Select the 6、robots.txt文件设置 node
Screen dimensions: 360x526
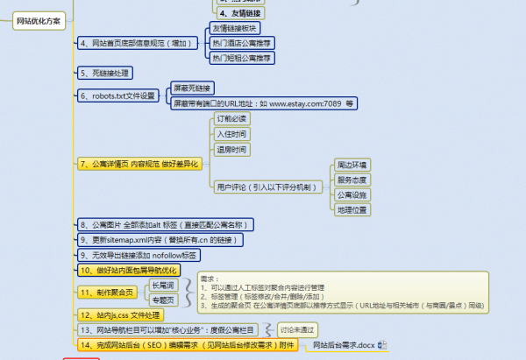click(117, 95)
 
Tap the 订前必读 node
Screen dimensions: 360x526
click(232, 118)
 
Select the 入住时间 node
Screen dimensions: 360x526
click(232, 134)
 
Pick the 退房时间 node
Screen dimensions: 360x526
click(232, 150)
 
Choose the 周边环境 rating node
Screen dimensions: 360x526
click(352, 165)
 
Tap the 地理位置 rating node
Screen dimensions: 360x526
click(352, 209)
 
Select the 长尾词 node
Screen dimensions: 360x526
click(162, 285)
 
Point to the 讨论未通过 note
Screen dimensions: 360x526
click(300, 329)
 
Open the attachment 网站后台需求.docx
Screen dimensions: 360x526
click(342, 346)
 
